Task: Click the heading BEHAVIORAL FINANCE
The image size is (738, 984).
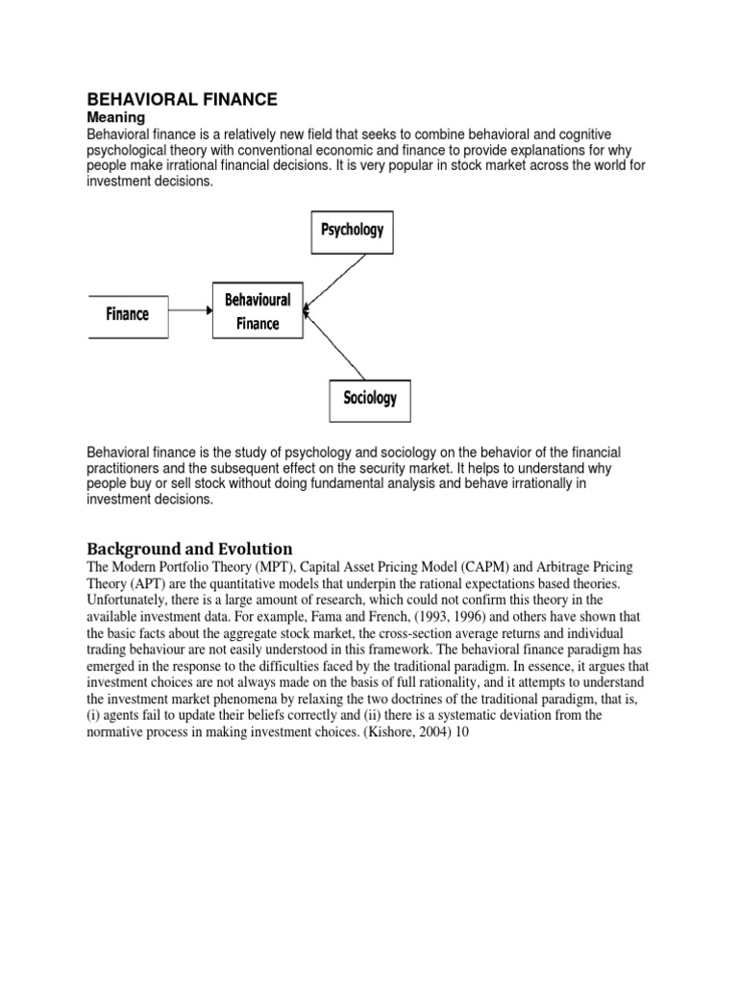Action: point(183,99)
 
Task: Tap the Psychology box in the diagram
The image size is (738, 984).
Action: point(351,230)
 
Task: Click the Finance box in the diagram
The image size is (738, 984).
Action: point(128,313)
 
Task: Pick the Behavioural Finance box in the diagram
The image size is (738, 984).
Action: point(258,311)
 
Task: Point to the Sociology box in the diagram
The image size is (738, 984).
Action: point(370,397)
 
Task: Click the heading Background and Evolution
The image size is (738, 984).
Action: point(189,549)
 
